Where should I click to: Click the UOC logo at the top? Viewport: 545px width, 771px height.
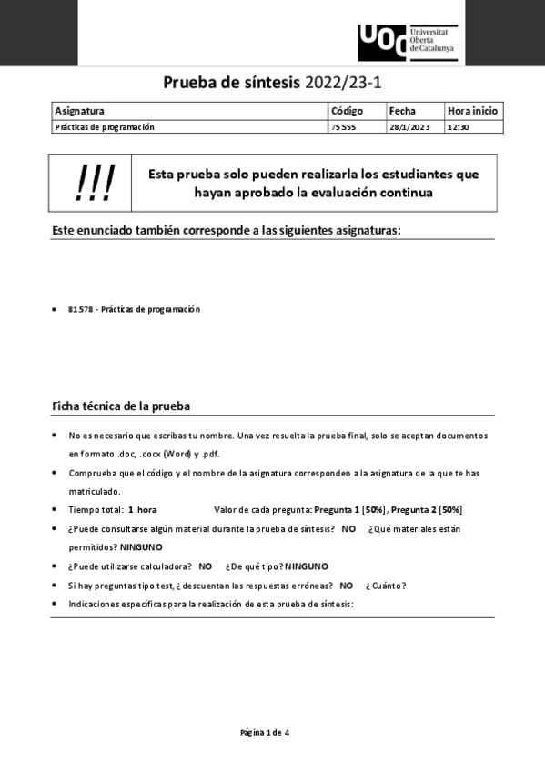pos(407,42)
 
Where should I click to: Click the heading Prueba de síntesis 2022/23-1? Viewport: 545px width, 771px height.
pos(272,84)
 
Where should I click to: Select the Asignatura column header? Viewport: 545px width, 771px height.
pos(80,111)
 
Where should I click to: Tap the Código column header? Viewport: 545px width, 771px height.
pos(347,111)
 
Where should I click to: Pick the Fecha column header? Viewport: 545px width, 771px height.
pos(402,111)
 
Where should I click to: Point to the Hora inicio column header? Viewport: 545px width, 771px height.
pos(472,111)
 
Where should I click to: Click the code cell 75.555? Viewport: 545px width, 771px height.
pos(343,127)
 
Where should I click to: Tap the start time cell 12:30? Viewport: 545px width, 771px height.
pos(458,127)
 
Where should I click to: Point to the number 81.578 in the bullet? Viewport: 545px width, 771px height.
pos(80,309)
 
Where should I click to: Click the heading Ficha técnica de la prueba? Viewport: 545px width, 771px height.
pos(121,406)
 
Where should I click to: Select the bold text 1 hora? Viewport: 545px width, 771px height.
pos(142,509)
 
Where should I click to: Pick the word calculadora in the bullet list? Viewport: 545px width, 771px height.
pos(161,566)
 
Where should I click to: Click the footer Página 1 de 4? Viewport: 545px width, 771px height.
pos(265,732)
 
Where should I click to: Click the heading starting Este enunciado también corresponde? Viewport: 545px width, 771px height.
pos(227,230)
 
